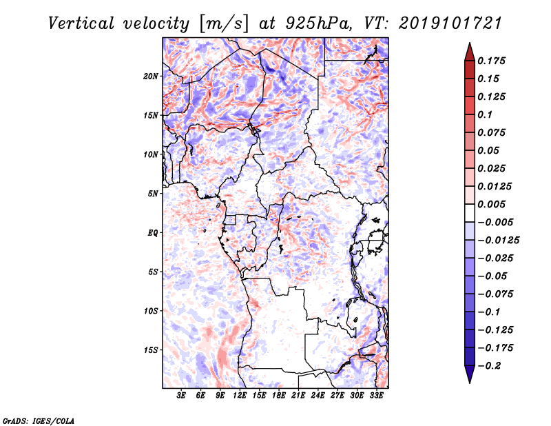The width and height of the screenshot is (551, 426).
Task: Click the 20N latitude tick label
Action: tap(151, 77)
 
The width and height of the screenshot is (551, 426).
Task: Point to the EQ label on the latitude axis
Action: tap(153, 233)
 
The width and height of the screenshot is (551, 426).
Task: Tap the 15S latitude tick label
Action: tap(151, 350)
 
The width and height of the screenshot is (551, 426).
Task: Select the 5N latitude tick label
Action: tap(153, 194)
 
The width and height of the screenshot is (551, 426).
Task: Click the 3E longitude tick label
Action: tap(181, 395)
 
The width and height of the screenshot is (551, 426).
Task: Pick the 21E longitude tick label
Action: tap(298, 395)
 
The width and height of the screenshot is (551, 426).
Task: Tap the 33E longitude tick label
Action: tap(376, 395)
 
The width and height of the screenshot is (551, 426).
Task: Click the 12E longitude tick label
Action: tap(240, 395)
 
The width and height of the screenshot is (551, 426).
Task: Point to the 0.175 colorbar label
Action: tap(491, 61)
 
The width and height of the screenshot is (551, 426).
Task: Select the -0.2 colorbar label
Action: tap(489, 366)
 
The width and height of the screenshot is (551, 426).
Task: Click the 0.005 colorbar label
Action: tap(491, 204)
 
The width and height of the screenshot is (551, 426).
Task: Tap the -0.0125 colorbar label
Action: tap(498, 241)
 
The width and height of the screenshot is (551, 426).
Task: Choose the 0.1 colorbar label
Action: tap(485, 114)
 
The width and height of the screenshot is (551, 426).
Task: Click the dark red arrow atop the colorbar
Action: tap(470, 52)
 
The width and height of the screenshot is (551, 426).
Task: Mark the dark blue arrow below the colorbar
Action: tap(470, 374)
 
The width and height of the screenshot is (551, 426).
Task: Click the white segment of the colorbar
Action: tap(470, 213)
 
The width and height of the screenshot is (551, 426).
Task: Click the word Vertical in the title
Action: tap(81, 23)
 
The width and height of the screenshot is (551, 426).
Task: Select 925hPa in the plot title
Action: tap(318, 23)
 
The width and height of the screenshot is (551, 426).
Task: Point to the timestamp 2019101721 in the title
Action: tap(450, 23)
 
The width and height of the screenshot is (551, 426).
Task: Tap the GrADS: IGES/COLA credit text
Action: tap(39, 420)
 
